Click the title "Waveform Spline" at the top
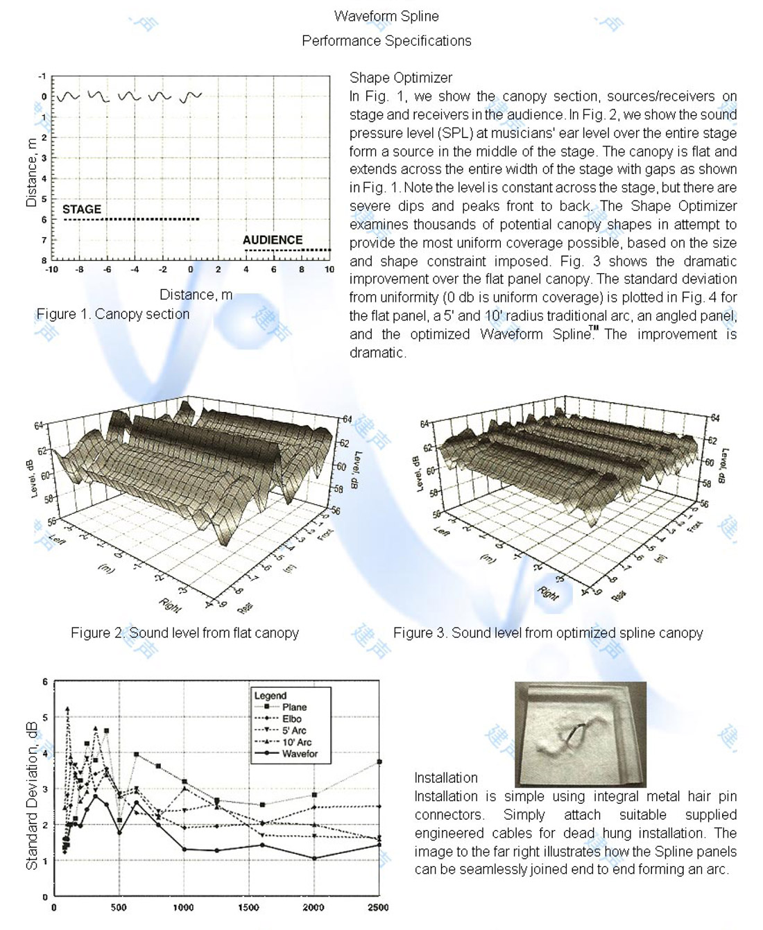click(386, 16)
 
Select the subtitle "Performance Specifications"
click(386, 41)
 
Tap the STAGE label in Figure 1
click(82, 209)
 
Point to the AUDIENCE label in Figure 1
click(273, 240)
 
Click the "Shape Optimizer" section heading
click(400, 78)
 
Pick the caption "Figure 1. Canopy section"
click(113, 314)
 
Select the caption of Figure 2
click(185, 632)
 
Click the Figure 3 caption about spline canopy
click(548, 632)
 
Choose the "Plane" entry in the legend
click(294, 707)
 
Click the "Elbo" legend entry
click(292, 719)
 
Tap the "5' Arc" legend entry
click(294, 730)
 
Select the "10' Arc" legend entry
click(296, 742)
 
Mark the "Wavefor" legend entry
click(300, 754)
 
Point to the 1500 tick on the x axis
click(248, 907)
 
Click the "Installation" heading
click(446, 778)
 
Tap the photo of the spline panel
click(580, 734)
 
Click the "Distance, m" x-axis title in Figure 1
click(196, 295)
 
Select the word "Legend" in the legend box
click(271, 696)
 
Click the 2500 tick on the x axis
click(378, 907)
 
